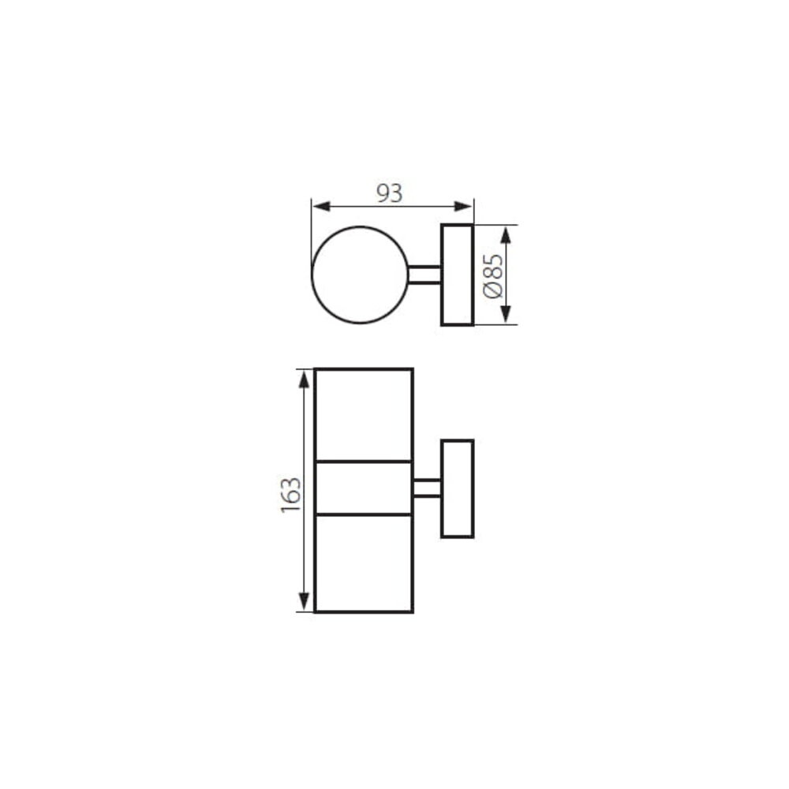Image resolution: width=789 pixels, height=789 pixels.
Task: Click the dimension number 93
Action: pos(389,193)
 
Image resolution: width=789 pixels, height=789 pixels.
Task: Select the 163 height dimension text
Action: pos(290,494)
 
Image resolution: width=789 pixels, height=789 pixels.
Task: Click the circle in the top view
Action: pos(360,275)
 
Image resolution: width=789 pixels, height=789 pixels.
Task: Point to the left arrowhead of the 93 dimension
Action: pos(318,207)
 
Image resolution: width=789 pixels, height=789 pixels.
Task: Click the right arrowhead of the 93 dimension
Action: pos(466,207)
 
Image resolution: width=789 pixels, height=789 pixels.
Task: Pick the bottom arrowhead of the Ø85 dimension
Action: pos(507,316)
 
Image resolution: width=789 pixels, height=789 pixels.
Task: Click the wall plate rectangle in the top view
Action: pos(457,275)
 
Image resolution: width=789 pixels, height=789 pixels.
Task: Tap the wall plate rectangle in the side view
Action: pos(457,488)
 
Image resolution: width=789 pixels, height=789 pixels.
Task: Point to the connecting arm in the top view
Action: pos(424,275)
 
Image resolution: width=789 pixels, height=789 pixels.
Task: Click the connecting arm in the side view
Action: pos(427,488)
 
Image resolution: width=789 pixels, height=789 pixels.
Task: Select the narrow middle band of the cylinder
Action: pos(363,488)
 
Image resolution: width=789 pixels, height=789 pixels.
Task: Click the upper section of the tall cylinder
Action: pos(363,414)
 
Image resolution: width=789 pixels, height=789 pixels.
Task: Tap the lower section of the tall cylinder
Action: pos(363,563)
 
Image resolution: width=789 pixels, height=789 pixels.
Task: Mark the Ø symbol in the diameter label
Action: pos(492,290)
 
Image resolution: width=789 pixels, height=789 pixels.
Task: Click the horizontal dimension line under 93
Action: pos(392,207)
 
